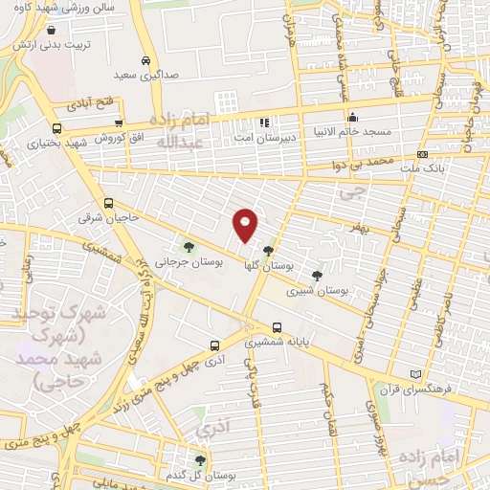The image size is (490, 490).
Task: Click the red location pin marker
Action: point(246,224)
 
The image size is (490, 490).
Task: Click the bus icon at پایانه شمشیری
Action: point(276,326)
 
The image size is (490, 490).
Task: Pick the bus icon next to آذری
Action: point(214,345)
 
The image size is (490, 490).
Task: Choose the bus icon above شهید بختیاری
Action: point(57,128)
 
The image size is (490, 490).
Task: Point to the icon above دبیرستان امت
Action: point(264,122)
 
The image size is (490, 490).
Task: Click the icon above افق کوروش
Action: point(118,122)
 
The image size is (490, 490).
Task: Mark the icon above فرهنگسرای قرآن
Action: point(413,373)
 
